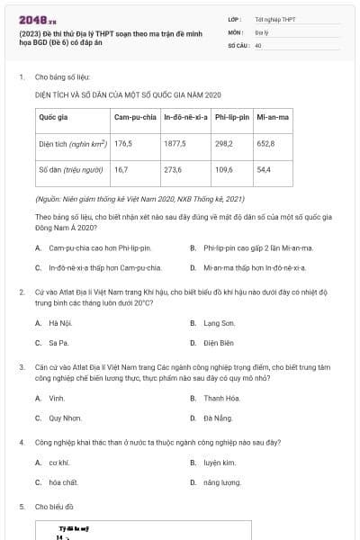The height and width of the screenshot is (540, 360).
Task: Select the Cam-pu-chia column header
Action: tap(135, 117)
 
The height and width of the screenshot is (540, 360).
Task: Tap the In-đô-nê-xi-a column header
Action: tap(185, 117)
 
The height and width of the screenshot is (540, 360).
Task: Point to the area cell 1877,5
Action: tap(175, 143)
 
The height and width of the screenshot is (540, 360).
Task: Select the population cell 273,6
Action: tap(173, 168)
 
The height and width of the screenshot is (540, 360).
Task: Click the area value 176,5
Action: tap(123, 143)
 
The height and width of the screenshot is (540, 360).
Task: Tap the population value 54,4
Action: tap(264, 168)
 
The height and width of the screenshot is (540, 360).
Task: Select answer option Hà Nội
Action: tap(60, 322)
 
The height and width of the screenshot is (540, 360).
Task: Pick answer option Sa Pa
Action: tap(58, 343)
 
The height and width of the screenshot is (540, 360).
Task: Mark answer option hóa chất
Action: tap(63, 482)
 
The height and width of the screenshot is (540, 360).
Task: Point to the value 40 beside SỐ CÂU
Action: tap(258, 44)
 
